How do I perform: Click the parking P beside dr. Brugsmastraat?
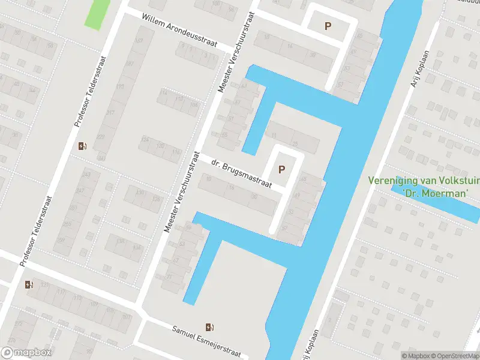(281, 169)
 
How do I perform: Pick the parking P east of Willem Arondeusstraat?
(328, 26)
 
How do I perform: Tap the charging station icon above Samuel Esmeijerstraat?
(209, 327)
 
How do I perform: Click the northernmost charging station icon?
(83, 145)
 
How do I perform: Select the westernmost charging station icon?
(29, 284)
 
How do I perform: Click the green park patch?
(97, 13)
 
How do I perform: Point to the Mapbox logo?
(26, 353)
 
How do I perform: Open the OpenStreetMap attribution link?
(454, 356)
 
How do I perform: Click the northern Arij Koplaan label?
(422, 66)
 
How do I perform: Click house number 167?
(140, 41)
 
